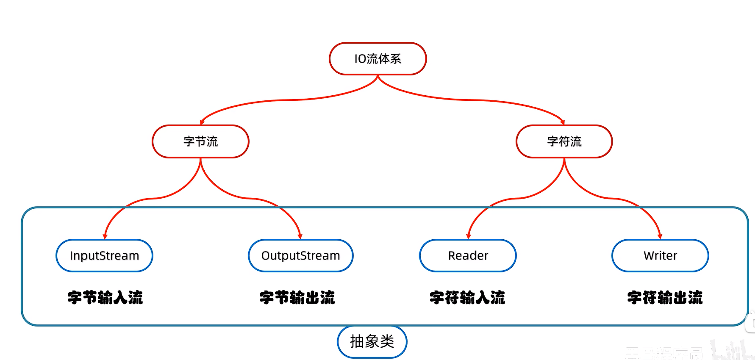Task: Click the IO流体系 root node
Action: pos(377,58)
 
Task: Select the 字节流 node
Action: pos(200,141)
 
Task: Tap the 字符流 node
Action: pos(564,141)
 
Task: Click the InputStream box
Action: pos(104,255)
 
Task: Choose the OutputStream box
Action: pos(300,255)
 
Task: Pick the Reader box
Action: pos(468,255)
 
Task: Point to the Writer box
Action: pos(660,255)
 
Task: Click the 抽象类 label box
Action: pos(372,341)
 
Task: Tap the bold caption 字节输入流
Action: pos(105,297)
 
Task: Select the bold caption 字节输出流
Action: pos(297,297)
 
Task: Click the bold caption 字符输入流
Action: pos(467,297)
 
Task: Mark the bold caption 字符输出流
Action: pos(665,297)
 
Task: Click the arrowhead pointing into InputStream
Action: pos(105,236)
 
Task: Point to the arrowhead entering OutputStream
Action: pos(300,236)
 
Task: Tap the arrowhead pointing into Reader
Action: pos(469,236)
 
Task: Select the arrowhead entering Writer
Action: pos(660,236)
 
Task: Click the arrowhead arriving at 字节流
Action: pos(202,122)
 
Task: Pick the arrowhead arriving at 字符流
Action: pos(563,122)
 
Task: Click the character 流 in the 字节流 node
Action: pos(212,141)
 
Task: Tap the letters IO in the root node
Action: pos(360,59)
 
